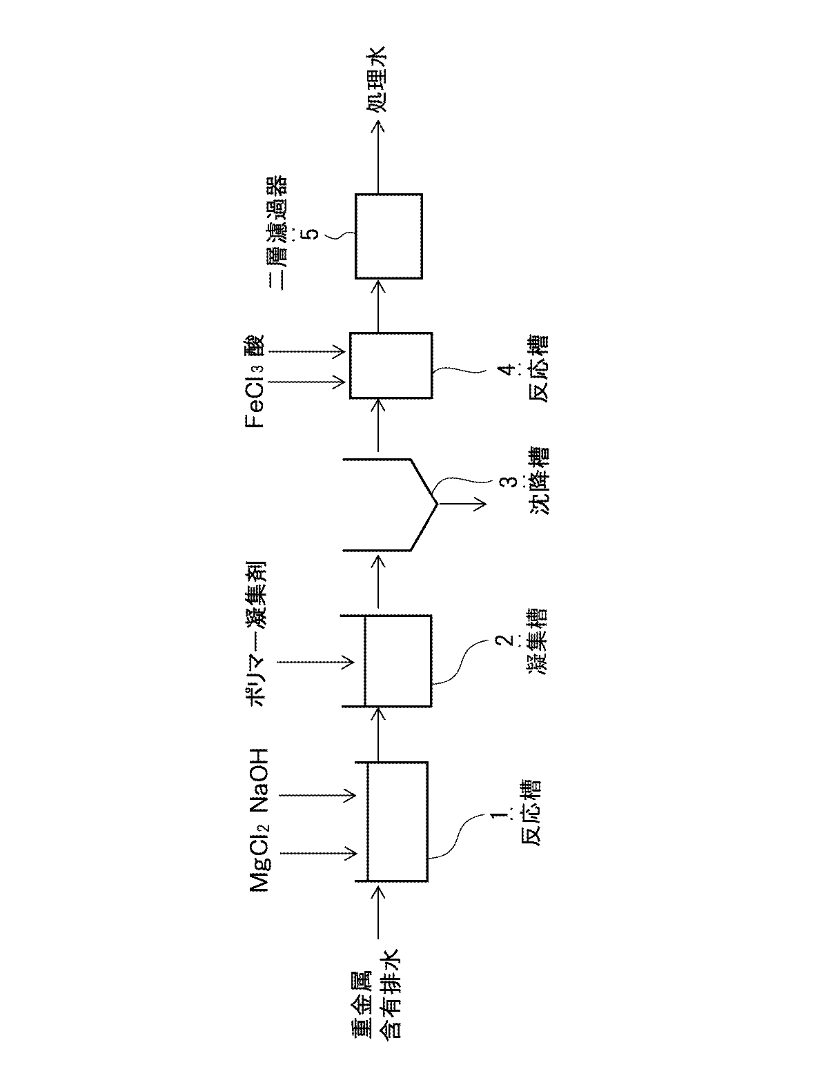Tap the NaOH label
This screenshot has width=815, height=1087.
pos(261,781)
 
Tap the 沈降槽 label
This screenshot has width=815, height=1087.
pos(537,491)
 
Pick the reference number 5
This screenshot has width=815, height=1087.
pos(311,235)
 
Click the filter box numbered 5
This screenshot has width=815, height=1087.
pos(389,236)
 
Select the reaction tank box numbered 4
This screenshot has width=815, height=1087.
pos(391,366)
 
